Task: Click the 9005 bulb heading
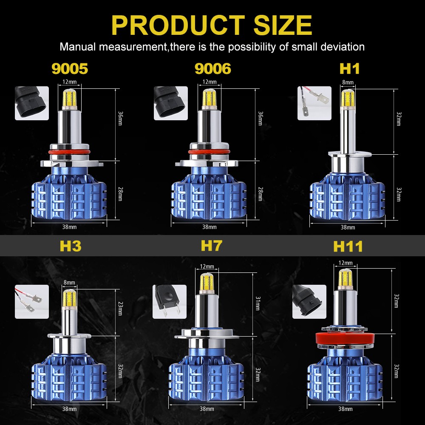pyautogui.click(x=70, y=68)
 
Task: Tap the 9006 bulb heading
pyautogui.click(x=212, y=68)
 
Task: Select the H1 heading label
pyautogui.click(x=349, y=68)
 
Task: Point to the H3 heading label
pyautogui.click(x=71, y=246)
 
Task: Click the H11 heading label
pyautogui.click(x=348, y=246)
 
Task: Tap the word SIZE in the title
pyautogui.click(x=283, y=25)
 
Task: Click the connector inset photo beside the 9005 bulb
pyautogui.click(x=32, y=103)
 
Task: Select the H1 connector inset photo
pyautogui.click(x=314, y=103)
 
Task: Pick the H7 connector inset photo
pyautogui.click(x=169, y=301)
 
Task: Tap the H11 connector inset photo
pyautogui.click(x=309, y=301)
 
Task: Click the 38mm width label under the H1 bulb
pyautogui.click(x=348, y=227)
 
